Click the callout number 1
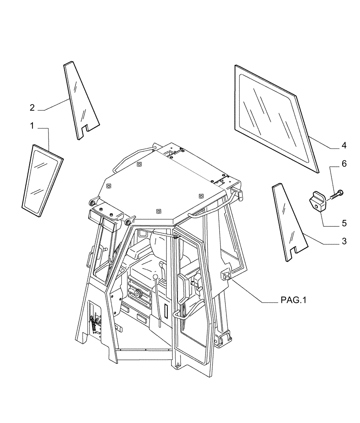coord(32,126)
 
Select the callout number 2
coord(32,107)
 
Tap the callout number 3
coord(344,242)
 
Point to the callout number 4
coord(344,146)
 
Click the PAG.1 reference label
coord(293,300)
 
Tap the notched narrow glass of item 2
coord(80,102)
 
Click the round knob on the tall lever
coord(156,277)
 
